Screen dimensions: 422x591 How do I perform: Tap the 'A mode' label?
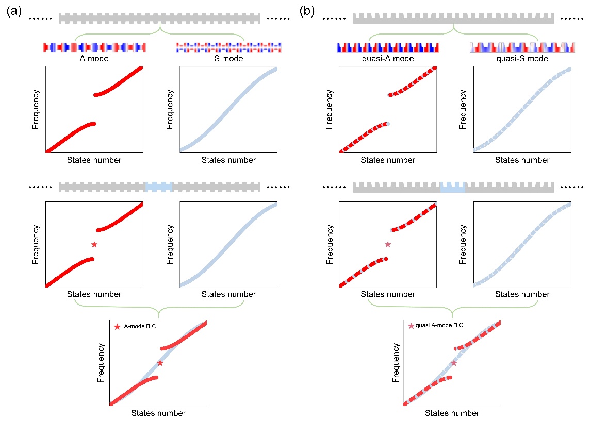click(95, 59)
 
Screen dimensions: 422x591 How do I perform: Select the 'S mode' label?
click(229, 59)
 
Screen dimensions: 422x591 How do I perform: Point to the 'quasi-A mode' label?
click(387, 59)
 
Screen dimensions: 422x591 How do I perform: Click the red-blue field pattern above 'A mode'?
click(95, 47)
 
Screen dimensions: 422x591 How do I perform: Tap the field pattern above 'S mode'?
click(229, 47)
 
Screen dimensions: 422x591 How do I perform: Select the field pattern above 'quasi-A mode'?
click(387, 47)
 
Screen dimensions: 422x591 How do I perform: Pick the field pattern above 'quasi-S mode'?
click(522, 47)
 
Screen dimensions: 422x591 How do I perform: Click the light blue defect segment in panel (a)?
click(158, 187)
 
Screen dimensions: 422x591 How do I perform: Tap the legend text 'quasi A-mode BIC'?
click(439, 326)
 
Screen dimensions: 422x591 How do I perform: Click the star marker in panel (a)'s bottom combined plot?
click(160, 363)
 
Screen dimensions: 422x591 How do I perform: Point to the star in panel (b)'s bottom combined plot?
click(454, 363)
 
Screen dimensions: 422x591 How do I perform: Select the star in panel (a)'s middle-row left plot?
click(94, 244)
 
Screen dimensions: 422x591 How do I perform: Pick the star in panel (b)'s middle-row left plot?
click(388, 244)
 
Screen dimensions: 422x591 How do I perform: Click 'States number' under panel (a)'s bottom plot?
click(158, 413)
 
